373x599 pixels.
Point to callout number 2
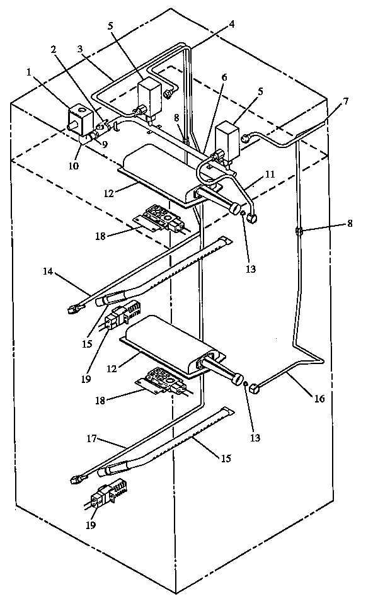(x=54, y=49)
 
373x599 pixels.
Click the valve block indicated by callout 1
(x=79, y=120)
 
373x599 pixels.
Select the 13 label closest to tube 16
(x=255, y=437)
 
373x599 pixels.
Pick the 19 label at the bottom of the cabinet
(x=92, y=524)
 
